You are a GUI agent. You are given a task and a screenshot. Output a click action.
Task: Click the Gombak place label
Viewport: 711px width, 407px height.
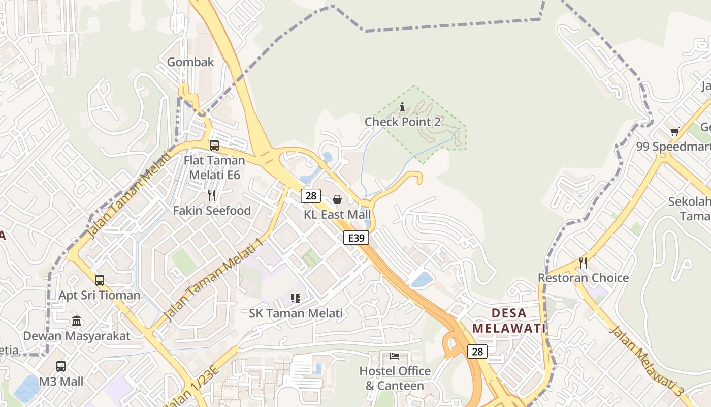tap(190, 62)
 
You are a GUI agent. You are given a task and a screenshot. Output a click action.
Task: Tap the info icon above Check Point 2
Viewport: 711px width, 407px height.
tap(402, 107)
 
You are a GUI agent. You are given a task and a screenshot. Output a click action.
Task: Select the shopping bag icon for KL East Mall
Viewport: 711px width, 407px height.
tap(337, 199)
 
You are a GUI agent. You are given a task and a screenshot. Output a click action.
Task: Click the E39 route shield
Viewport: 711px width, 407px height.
tap(355, 238)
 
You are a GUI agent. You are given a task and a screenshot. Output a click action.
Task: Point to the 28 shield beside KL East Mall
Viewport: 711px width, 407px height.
tap(310, 195)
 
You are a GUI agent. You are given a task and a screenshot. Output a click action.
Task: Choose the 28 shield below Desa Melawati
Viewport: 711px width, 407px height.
tap(477, 351)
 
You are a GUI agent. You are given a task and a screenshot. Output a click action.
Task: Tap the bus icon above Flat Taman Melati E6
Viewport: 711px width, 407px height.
tap(214, 146)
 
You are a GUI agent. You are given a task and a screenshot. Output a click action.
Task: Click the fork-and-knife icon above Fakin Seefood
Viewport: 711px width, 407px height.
tap(212, 195)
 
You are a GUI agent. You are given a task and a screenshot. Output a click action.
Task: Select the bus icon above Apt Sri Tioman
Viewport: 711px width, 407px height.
tap(100, 280)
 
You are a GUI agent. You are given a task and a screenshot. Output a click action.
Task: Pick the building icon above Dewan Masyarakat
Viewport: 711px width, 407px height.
tap(77, 321)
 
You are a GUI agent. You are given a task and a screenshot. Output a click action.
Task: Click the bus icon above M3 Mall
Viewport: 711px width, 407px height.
tap(61, 366)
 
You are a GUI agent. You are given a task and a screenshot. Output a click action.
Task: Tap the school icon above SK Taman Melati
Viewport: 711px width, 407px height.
tap(296, 298)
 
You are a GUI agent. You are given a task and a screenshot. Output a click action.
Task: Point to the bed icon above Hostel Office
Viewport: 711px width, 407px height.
tap(395, 356)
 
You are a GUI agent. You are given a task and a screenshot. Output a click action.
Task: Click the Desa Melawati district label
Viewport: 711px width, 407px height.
tap(509, 321)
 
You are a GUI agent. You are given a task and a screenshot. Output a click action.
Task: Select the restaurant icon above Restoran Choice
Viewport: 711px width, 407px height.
tap(583, 263)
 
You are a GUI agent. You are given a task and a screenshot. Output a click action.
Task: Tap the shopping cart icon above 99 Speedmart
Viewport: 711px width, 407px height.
tap(674, 132)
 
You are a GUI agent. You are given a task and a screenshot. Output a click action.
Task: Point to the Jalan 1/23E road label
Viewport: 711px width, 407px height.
tap(203, 379)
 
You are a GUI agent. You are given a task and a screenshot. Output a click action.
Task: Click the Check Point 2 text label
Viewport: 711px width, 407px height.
tap(402, 122)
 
